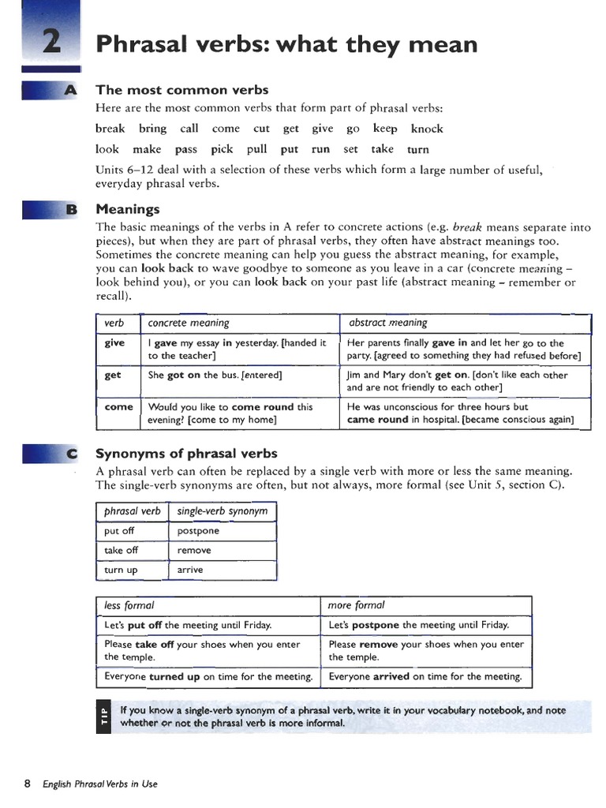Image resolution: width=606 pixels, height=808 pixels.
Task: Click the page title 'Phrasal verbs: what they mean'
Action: [x=286, y=43]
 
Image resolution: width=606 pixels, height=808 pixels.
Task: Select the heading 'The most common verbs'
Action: [x=181, y=90]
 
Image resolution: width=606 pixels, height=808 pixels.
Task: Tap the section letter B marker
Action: [x=71, y=210]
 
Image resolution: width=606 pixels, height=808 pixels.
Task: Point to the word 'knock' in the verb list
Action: [x=427, y=129]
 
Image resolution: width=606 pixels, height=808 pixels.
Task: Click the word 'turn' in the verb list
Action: [x=418, y=149]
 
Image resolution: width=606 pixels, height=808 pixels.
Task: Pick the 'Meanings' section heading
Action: [x=127, y=209]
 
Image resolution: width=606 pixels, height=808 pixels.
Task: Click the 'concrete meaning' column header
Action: [x=189, y=323]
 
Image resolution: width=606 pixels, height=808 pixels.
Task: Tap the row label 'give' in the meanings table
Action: [x=114, y=343]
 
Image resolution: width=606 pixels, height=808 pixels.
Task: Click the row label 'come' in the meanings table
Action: [x=118, y=407]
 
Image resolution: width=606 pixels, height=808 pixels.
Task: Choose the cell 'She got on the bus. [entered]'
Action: [x=215, y=376]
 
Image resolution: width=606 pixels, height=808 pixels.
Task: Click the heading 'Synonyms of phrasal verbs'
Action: [x=186, y=454]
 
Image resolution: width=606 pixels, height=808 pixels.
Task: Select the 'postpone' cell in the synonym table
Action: [x=198, y=531]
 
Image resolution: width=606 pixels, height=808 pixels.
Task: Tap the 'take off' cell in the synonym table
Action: [x=121, y=551]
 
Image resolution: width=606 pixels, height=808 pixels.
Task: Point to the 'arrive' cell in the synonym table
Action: [x=190, y=570]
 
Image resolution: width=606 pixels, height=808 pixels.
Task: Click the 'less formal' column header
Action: [x=129, y=605]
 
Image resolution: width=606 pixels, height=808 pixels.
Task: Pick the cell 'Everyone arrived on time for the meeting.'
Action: [x=425, y=677]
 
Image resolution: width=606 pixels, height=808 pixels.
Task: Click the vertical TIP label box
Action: [x=101, y=716]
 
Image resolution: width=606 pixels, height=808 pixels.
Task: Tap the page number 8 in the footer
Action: [x=27, y=784]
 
